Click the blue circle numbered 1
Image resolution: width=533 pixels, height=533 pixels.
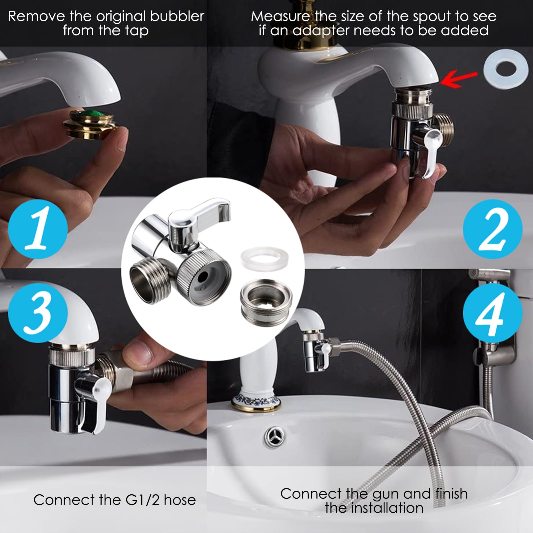(x=38, y=229)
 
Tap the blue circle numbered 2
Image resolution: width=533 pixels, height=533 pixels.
(x=493, y=229)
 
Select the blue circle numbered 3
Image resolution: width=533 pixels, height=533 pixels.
(x=38, y=313)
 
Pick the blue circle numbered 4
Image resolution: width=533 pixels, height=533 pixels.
(x=493, y=313)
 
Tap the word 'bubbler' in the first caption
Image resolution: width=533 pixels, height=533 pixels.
(x=177, y=16)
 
